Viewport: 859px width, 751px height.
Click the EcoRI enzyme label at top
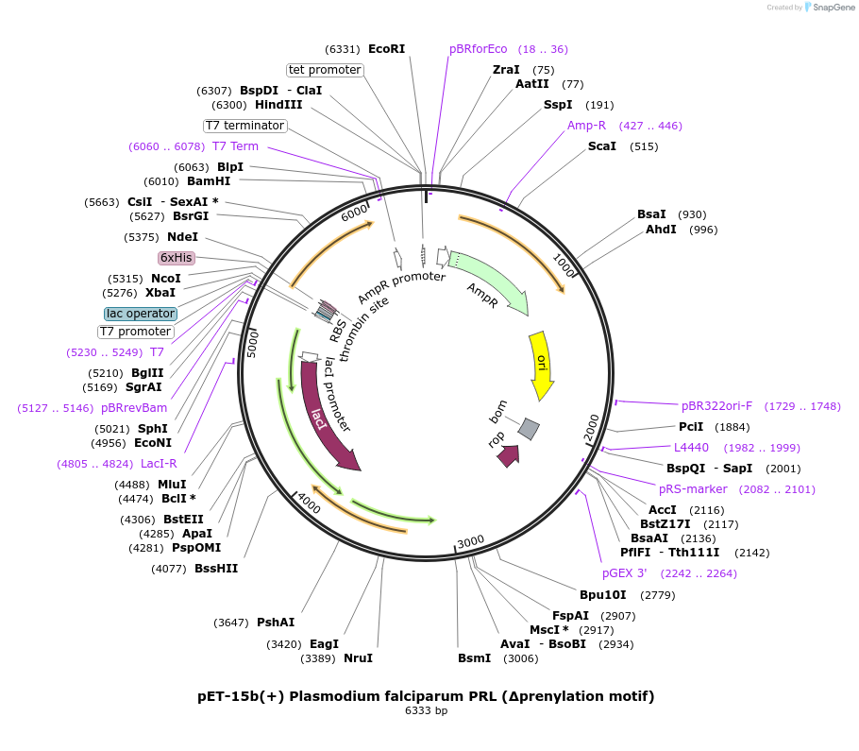386,49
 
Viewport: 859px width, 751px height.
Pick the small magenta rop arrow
507,455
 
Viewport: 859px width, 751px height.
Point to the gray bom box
529,429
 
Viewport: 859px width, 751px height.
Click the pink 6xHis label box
177,258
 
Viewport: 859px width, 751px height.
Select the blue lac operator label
141,314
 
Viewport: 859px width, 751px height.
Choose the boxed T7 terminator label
244,126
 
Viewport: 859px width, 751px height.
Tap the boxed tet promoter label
325,70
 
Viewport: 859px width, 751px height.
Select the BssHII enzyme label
216,569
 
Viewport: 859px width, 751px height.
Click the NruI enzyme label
358,658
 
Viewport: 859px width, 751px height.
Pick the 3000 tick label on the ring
470,541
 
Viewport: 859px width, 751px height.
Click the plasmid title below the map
426,696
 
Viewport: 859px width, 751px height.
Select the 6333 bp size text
426,710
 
